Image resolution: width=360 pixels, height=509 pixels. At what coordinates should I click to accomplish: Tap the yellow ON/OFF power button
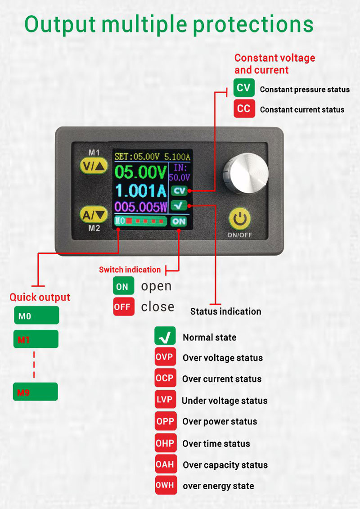pyautogui.click(x=239, y=219)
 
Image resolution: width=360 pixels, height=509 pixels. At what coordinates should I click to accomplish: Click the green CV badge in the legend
pyautogui.click(x=244, y=88)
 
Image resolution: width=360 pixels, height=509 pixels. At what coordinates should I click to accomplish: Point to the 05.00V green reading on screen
pyautogui.click(x=141, y=172)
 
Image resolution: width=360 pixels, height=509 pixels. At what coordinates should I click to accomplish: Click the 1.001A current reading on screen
pyautogui.click(x=141, y=190)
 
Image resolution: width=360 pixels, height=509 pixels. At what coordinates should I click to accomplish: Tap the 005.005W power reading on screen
pyautogui.click(x=141, y=207)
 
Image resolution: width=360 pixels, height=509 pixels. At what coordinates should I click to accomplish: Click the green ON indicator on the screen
pyautogui.click(x=179, y=221)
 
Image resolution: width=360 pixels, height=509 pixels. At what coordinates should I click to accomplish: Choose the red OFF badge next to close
pyautogui.click(x=123, y=306)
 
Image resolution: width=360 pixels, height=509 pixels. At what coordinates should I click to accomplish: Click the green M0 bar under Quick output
pyautogui.click(x=36, y=315)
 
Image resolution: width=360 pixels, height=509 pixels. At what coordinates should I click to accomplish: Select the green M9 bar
pyautogui.click(x=36, y=392)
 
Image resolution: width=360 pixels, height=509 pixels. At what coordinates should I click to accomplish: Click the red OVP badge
pyautogui.click(x=165, y=357)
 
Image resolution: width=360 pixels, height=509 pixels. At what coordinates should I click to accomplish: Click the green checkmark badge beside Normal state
pyautogui.click(x=165, y=336)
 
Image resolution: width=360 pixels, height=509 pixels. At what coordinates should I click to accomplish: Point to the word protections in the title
pyautogui.click(x=253, y=25)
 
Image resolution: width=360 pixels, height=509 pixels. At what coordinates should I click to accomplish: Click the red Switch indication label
pyautogui.click(x=130, y=270)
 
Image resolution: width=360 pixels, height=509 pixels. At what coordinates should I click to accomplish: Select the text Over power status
pyautogui.click(x=220, y=421)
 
